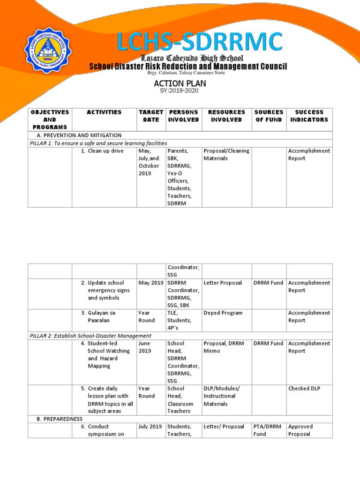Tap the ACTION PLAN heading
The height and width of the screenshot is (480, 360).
point(180,83)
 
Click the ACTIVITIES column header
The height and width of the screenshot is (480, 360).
point(104,112)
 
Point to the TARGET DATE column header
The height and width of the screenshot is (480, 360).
point(151,116)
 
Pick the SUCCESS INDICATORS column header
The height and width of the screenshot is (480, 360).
point(309,116)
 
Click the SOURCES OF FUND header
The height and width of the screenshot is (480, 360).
point(269,116)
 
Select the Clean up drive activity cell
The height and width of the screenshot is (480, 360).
point(103,151)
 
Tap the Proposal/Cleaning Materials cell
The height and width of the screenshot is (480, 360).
point(226,155)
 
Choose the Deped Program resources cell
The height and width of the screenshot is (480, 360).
point(223,313)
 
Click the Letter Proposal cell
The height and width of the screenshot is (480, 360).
point(223,283)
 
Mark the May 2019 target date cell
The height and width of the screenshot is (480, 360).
point(150,283)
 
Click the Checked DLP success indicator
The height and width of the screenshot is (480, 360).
point(304,389)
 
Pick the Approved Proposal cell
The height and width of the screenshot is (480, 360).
point(300,430)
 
